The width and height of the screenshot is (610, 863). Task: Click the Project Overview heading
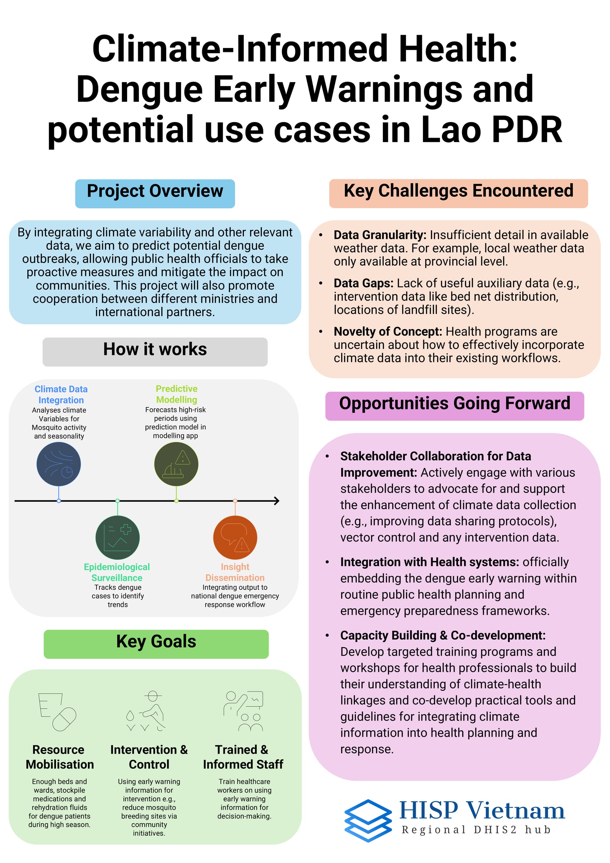(155, 191)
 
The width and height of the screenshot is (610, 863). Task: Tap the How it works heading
(155, 349)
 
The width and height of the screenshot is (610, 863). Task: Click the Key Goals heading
(156, 641)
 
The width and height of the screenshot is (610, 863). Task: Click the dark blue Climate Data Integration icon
(58, 464)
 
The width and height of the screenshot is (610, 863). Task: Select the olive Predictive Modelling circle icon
(176, 464)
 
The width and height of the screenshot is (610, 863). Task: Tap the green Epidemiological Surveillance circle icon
(118, 537)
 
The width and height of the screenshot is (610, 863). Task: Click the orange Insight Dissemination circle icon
(235, 537)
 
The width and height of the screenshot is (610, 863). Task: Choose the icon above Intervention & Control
(146, 711)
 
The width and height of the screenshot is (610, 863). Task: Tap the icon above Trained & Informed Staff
(243, 711)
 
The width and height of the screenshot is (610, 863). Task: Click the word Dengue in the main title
(139, 89)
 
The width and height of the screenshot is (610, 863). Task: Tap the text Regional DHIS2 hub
(476, 830)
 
